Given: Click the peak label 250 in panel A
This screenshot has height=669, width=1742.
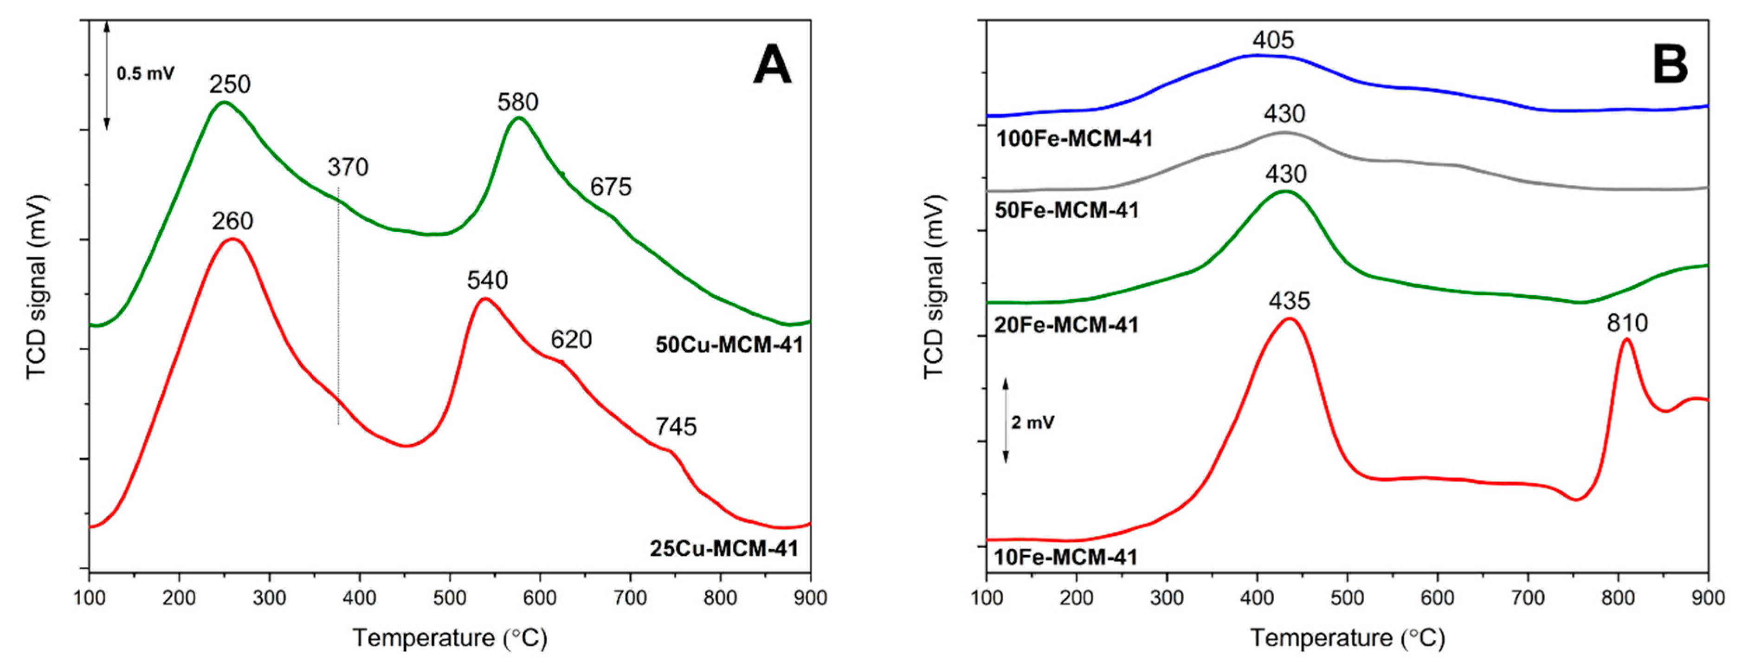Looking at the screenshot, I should [x=230, y=84].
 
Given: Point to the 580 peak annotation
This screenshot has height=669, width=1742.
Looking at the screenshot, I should [x=517, y=102].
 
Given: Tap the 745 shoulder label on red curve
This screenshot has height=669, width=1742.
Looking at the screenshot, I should [x=676, y=427].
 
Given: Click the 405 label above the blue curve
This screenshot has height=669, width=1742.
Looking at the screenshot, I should [x=1273, y=40].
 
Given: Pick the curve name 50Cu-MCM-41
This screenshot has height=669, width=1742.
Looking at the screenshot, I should [x=729, y=345].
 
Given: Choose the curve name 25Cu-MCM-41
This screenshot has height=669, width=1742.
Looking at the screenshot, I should [x=724, y=549].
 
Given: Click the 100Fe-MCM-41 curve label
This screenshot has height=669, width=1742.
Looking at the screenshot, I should [x=1074, y=139].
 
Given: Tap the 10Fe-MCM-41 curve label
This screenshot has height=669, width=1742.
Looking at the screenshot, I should [x=1066, y=558].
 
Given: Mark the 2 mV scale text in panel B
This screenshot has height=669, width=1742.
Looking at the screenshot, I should [x=1032, y=423].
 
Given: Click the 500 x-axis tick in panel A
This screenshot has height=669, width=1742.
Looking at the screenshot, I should [x=450, y=598].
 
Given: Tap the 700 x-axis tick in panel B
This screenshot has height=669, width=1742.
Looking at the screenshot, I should [x=1528, y=598].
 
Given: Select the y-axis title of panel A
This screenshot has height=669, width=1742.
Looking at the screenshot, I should [x=37, y=287].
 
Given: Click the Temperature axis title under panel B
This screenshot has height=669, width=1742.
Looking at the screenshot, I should [x=1347, y=638].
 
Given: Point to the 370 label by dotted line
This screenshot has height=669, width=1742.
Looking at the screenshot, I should [x=348, y=167].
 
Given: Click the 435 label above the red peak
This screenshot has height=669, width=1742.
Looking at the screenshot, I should [x=1289, y=301].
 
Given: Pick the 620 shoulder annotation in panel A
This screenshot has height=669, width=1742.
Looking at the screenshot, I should [x=571, y=339].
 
